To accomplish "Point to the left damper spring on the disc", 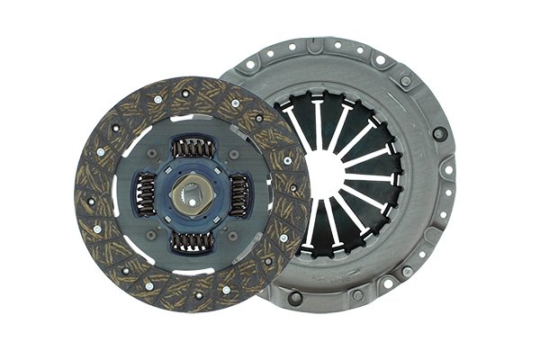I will click(146, 195).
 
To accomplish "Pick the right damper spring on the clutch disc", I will click(238, 192).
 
